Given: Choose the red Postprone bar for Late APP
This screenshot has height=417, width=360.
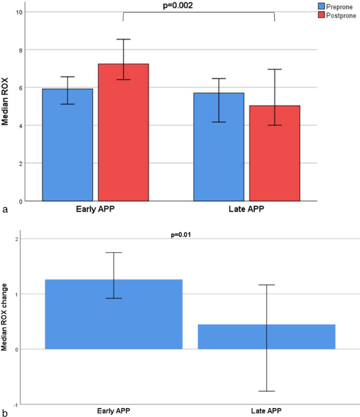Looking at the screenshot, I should (274, 153).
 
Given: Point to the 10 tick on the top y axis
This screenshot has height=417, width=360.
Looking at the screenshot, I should (19, 12).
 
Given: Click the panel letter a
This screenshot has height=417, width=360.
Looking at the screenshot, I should (6, 210).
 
